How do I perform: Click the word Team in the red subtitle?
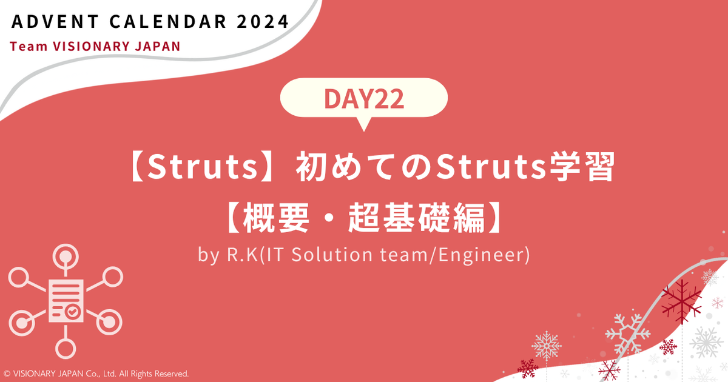[x=26, y=47]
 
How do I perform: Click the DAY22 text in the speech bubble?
[x=364, y=99]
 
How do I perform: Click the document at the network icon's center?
[x=66, y=300]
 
